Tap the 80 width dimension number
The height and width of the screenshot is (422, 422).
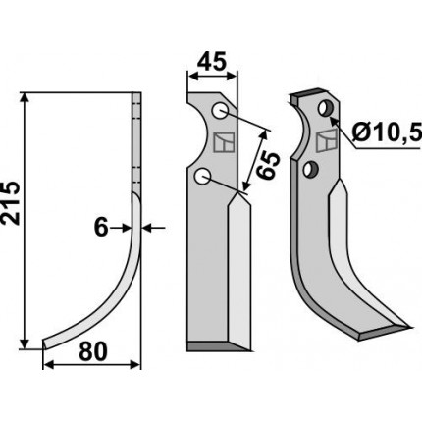coord(93,351)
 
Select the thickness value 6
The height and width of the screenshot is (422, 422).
coord(101,228)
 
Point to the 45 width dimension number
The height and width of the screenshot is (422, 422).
coord(213,62)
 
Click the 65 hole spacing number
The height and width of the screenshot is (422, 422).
coord(268,166)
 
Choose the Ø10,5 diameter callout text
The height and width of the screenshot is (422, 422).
coord(387,133)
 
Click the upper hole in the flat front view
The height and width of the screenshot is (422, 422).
coord(220,111)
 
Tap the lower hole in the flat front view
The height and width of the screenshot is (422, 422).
coord(203,177)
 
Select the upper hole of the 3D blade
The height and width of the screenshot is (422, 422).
coord(326,108)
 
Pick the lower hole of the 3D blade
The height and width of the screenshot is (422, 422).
coord(311,170)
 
